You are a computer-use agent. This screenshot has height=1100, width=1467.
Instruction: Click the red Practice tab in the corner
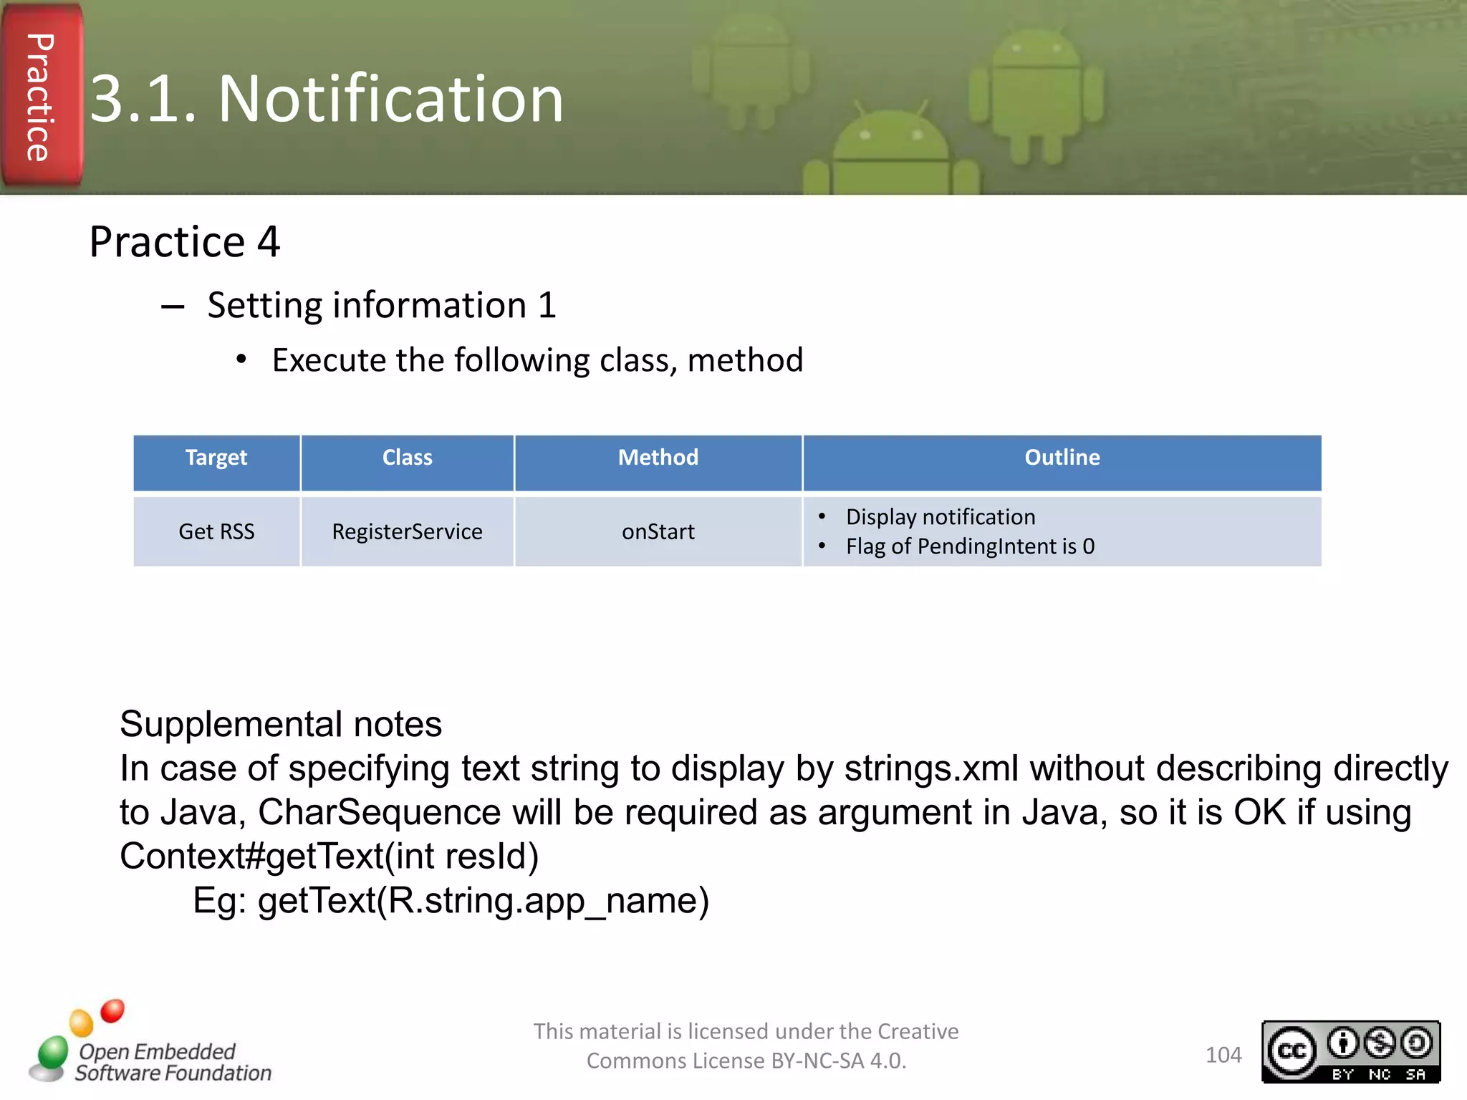(x=42, y=97)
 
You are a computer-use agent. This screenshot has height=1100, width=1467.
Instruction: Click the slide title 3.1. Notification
(x=327, y=99)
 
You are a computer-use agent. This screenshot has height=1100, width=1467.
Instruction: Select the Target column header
(x=216, y=458)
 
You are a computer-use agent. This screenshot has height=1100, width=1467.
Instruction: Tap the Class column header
(x=407, y=458)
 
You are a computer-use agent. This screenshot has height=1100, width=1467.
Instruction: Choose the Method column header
(x=658, y=458)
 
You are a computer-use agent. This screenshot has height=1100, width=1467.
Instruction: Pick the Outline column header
(x=1062, y=458)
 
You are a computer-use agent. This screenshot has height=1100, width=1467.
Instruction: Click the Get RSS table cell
(x=216, y=532)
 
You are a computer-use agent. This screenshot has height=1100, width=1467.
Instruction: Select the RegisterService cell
(x=407, y=532)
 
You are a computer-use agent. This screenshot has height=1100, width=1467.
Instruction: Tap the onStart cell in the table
(x=658, y=532)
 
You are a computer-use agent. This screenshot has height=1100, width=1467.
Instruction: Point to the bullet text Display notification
(x=940, y=517)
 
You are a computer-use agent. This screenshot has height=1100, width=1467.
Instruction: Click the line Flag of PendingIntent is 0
(x=970, y=547)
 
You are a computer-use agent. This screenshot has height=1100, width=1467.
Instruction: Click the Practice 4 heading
(x=185, y=242)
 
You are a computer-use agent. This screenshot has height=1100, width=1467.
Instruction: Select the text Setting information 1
(x=381, y=306)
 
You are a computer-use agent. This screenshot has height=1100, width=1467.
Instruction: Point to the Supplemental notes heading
(x=281, y=724)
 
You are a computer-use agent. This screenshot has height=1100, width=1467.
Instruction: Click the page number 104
(x=1223, y=1055)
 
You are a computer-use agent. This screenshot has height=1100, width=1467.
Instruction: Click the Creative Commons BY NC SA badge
(x=1350, y=1051)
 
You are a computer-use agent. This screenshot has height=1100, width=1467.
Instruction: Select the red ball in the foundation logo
(x=112, y=1011)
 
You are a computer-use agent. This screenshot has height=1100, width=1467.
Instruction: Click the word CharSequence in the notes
(x=379, y=813)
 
